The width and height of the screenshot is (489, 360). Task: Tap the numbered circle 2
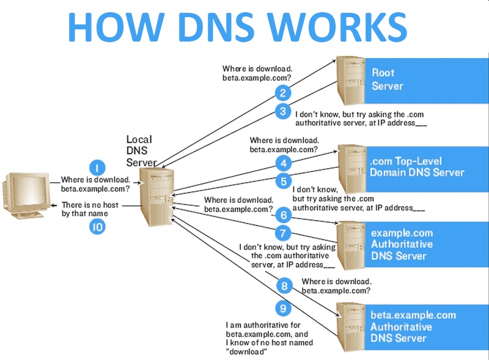point(282,93)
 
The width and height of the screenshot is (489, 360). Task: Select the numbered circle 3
point(282,111)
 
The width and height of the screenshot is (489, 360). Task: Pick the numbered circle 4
point(283,163)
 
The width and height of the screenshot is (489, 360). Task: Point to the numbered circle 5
point(283,181)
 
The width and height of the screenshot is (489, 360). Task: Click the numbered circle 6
point(283,215)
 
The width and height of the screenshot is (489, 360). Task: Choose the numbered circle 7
point(283,233)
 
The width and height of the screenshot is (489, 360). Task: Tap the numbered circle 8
point(283,285)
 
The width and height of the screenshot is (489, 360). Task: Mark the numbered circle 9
point(283,307)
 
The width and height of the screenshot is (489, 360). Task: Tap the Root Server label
point(388,79)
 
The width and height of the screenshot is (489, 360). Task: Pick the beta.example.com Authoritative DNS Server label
point(413,326)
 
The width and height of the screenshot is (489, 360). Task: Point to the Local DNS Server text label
point(141,151)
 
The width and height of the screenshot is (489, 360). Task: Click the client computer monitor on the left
point(24,190)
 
